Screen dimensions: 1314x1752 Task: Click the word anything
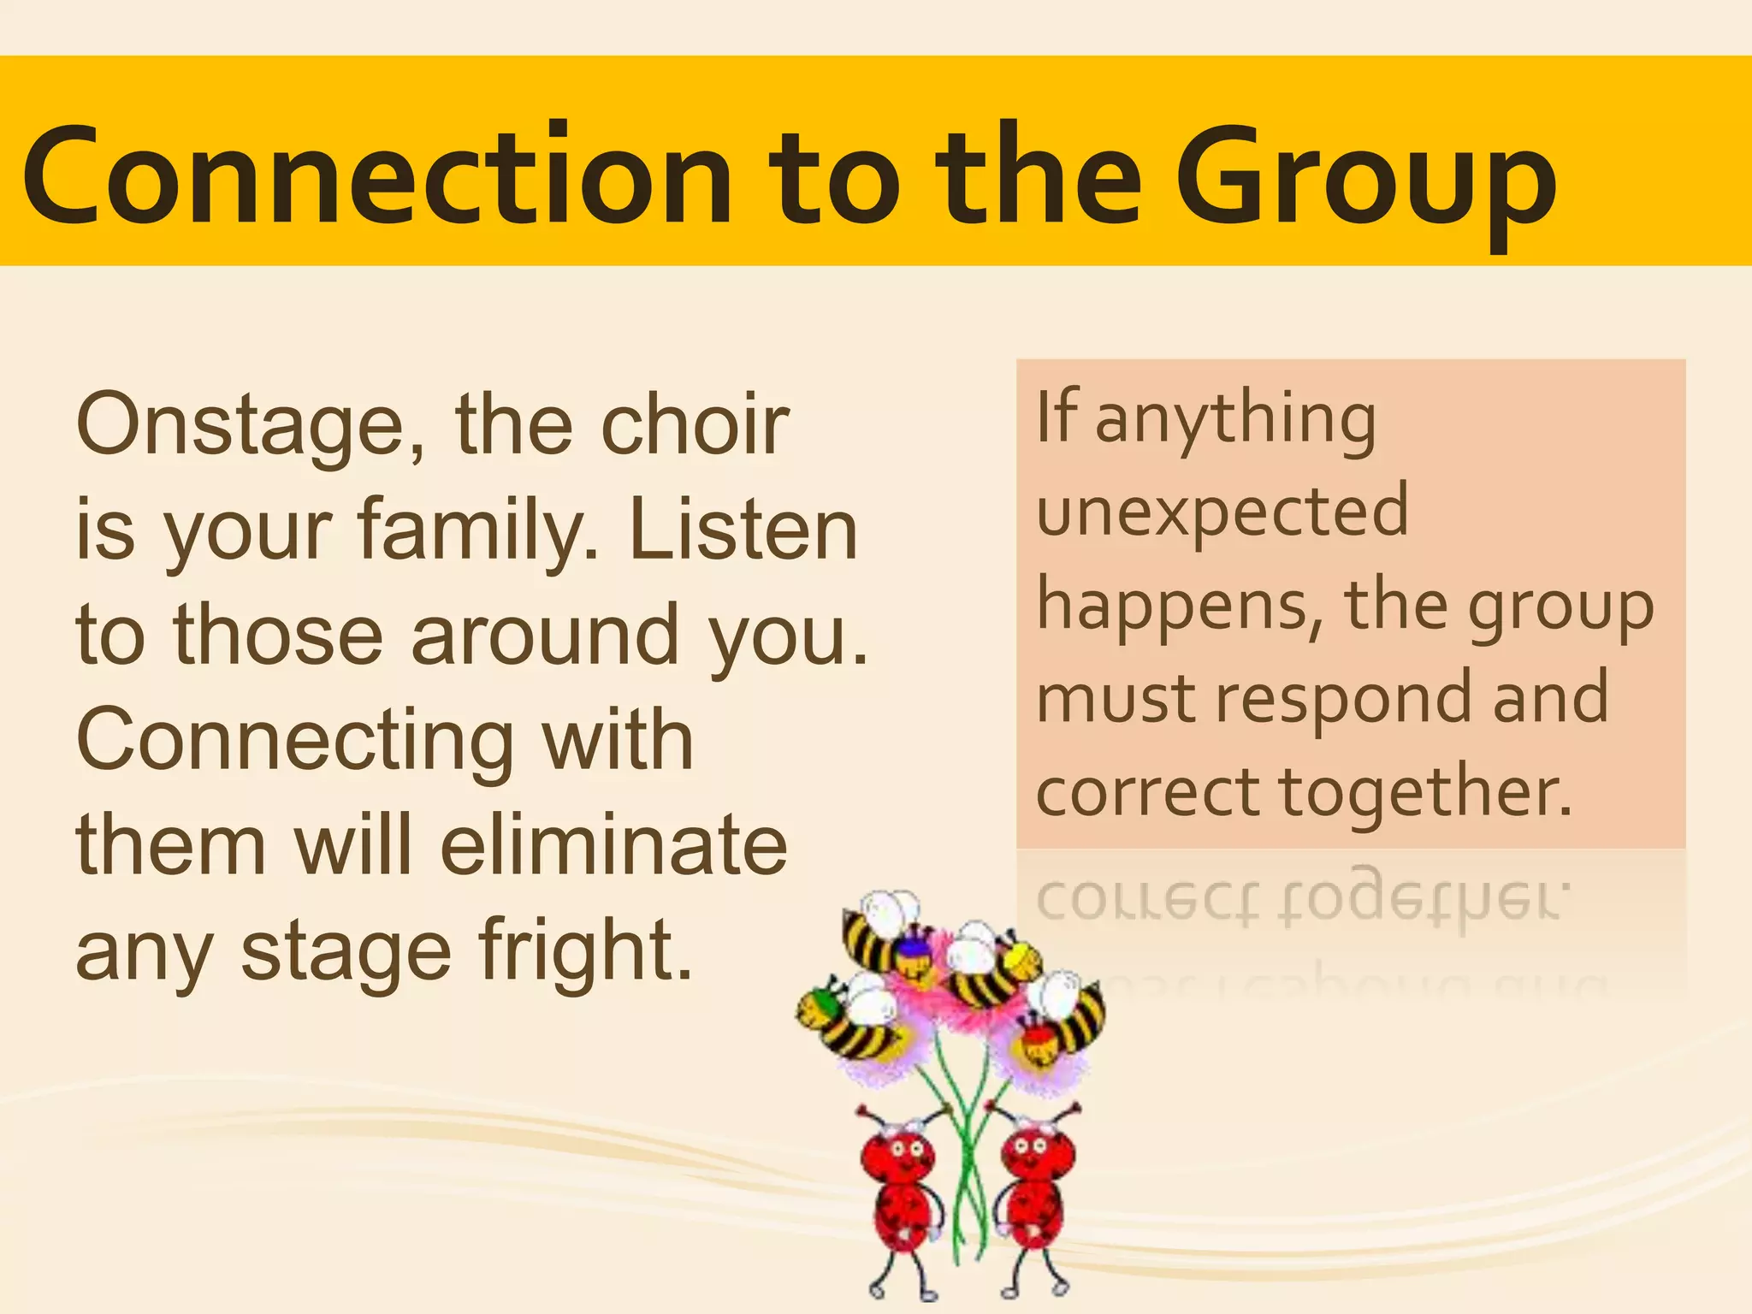coord(1236,419)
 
